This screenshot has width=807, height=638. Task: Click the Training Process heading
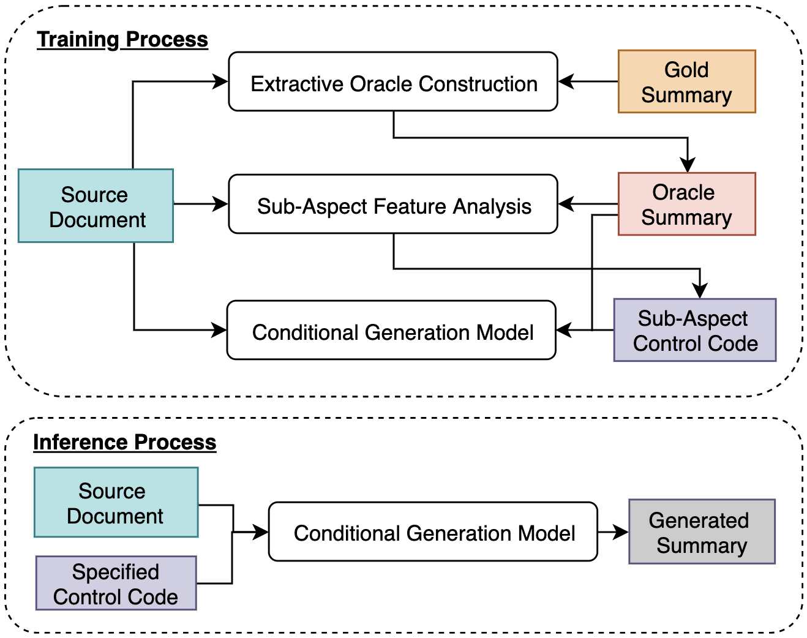click(x=122, y=40)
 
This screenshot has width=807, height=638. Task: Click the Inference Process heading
click(x=124, y=442)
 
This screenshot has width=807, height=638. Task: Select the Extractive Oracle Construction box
click(x=393, y=81)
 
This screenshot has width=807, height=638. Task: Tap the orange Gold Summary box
click(x=686, y=81)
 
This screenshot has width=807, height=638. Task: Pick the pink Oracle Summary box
click(x=686, y=204)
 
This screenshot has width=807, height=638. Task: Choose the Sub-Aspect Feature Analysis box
click(x=393, y=204)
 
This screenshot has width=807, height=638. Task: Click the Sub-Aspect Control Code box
click(x=695, y=330)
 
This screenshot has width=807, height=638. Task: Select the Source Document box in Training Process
click(x=96, y=206)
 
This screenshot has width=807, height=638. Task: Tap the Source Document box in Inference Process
click(x=116, y=502)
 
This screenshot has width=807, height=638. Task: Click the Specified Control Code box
click(x=116, y=583)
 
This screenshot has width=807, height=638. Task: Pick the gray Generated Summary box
click(x=702, y=531)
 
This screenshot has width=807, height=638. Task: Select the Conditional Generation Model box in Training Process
click(x=391, y=330)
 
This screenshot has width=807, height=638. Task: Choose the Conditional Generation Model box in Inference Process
click(x=433, y=531)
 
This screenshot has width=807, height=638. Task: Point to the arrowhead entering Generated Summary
click(x=621, y=531)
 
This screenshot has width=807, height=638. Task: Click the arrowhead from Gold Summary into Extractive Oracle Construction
click(x=566, y=81)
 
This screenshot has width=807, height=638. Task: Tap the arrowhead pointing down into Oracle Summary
click(x=688, y=165)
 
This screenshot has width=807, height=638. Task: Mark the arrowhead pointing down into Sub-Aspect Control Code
click(x=700, y=291)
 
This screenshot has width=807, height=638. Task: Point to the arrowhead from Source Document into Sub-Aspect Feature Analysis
click(x=220, y=204)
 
